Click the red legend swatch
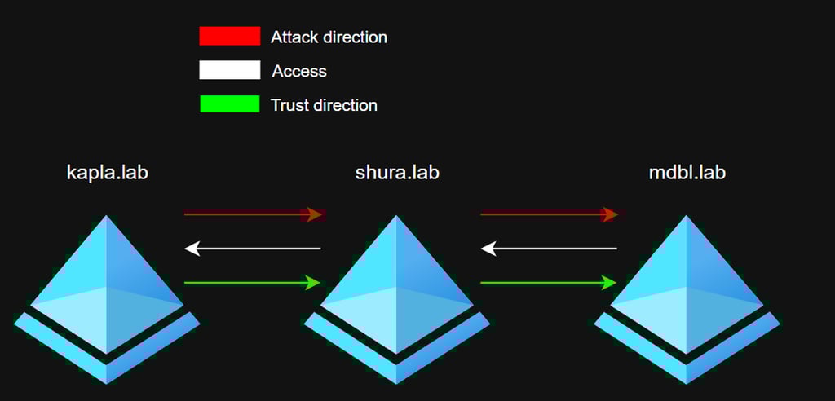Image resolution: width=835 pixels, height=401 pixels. tap(229, 36)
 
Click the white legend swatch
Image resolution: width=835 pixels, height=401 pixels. tap(229, 70)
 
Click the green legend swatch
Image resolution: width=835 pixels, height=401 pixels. tap(229, 104)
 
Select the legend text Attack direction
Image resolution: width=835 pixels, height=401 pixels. tap(329, 37)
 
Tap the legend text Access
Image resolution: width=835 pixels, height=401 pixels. tap(299, 72)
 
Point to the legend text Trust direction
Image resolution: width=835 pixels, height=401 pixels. tap(324, 105)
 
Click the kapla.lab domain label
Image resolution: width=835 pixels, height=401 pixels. tap(108, 173)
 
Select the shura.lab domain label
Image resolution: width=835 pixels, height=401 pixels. tap(397, 173)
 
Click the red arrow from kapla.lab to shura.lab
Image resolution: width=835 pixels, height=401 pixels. tap(254, 214)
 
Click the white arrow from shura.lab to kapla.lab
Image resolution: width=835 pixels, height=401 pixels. tap(254, 248)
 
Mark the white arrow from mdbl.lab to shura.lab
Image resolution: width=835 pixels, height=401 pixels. tap(549, 248)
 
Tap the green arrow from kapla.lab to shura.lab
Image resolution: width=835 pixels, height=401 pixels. tap(254, 283)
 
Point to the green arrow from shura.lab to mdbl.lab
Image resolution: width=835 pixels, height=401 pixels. tap(549, 283)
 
